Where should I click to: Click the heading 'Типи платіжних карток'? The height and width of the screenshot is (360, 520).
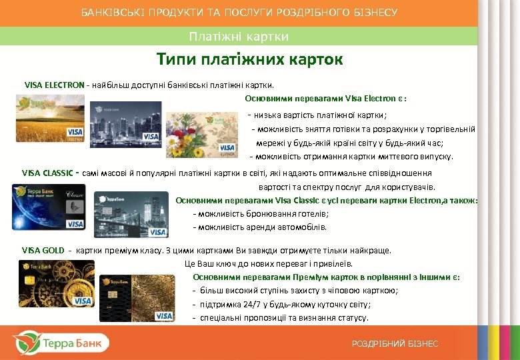coord(250,60)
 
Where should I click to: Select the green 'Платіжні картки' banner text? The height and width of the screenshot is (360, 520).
coord(239,36)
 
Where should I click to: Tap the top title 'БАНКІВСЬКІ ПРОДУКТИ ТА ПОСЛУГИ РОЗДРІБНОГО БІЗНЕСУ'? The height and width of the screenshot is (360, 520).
coord(239,13)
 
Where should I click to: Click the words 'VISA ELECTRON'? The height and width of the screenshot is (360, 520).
coord(54,85)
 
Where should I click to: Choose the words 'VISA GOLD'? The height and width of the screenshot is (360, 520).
coord(43,251)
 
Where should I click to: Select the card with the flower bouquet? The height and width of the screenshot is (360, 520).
coord(201,135)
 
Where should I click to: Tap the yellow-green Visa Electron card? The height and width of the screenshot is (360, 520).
coord(51,118)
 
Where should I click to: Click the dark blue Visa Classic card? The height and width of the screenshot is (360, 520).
coord(49,208)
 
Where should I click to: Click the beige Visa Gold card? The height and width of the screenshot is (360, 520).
coord(137,299)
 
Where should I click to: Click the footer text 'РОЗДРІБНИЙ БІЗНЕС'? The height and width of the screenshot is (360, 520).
coord(395,343)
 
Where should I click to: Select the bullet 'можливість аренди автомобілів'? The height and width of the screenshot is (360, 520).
coord(260,227)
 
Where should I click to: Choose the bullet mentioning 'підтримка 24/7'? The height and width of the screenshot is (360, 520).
coord(280,304)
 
